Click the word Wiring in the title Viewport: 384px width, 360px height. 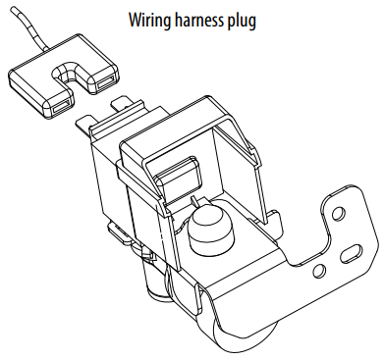point(150,21)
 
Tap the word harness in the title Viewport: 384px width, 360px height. point(199,20)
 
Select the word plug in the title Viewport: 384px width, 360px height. point(242,22)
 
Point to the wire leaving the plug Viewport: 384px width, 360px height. point(28,28)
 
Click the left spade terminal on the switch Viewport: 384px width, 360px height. point(82,126)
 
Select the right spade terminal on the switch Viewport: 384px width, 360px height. point(122,103)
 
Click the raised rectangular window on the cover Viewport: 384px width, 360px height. point(177,175)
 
